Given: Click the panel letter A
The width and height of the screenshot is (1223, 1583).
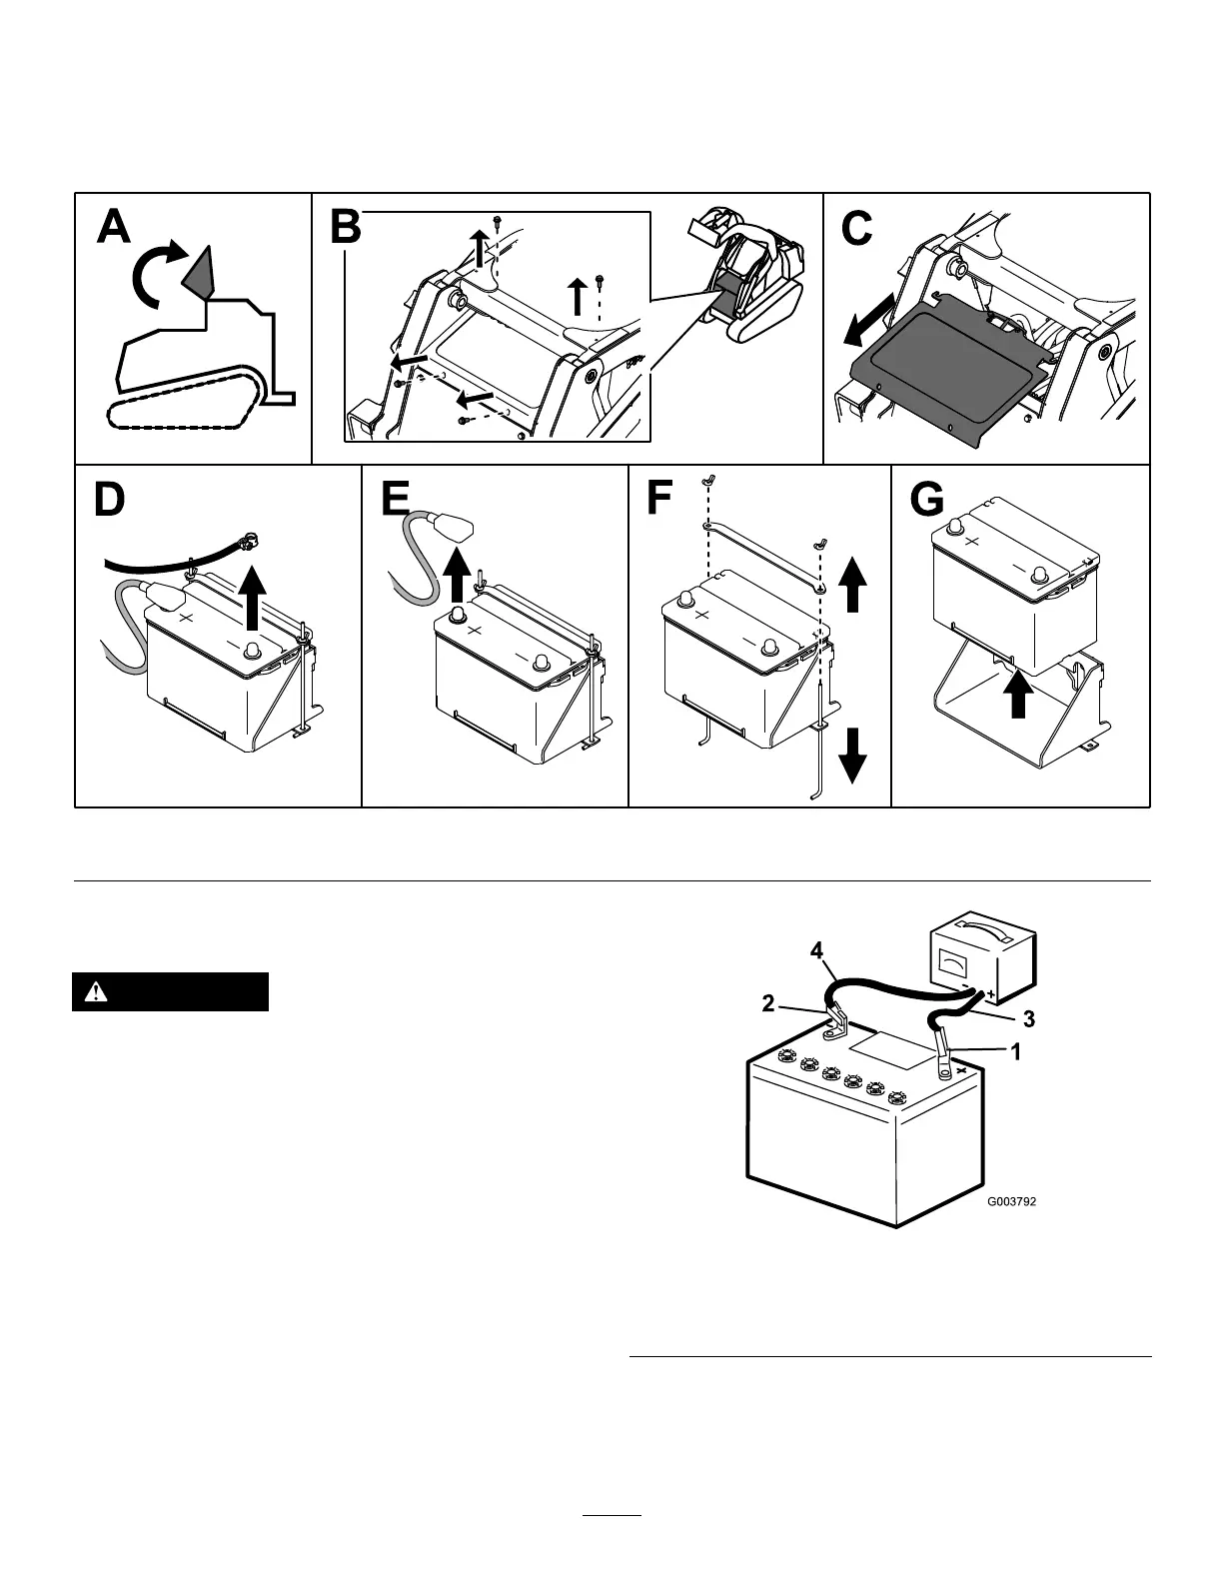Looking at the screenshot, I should coord(114,228).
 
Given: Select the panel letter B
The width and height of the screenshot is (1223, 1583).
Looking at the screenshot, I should coord(345,228).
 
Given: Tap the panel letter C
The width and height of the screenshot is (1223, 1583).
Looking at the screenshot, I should coord(856,228).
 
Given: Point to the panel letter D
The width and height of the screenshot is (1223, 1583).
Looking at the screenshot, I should coord(109,500).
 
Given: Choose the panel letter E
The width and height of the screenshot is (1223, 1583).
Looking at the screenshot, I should coord(396,500).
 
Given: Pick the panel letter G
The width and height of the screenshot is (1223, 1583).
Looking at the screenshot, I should coord(926,500).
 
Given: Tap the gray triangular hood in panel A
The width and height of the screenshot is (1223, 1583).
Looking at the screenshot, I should coord(199,273).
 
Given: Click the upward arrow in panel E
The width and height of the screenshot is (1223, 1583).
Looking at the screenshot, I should coord(457,571).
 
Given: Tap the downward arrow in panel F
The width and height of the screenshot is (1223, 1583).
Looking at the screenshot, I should coord(852,756).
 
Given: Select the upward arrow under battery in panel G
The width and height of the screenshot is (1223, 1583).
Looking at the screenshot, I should coord(1017,693).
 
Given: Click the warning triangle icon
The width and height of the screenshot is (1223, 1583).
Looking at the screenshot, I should coord(96,992).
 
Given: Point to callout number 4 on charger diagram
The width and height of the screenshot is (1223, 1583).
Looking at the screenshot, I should coord(816,952).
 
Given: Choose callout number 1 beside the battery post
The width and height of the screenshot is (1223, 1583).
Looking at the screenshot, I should coord(1015,1051).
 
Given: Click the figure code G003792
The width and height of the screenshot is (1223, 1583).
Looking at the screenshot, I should coord(1011,1202).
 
